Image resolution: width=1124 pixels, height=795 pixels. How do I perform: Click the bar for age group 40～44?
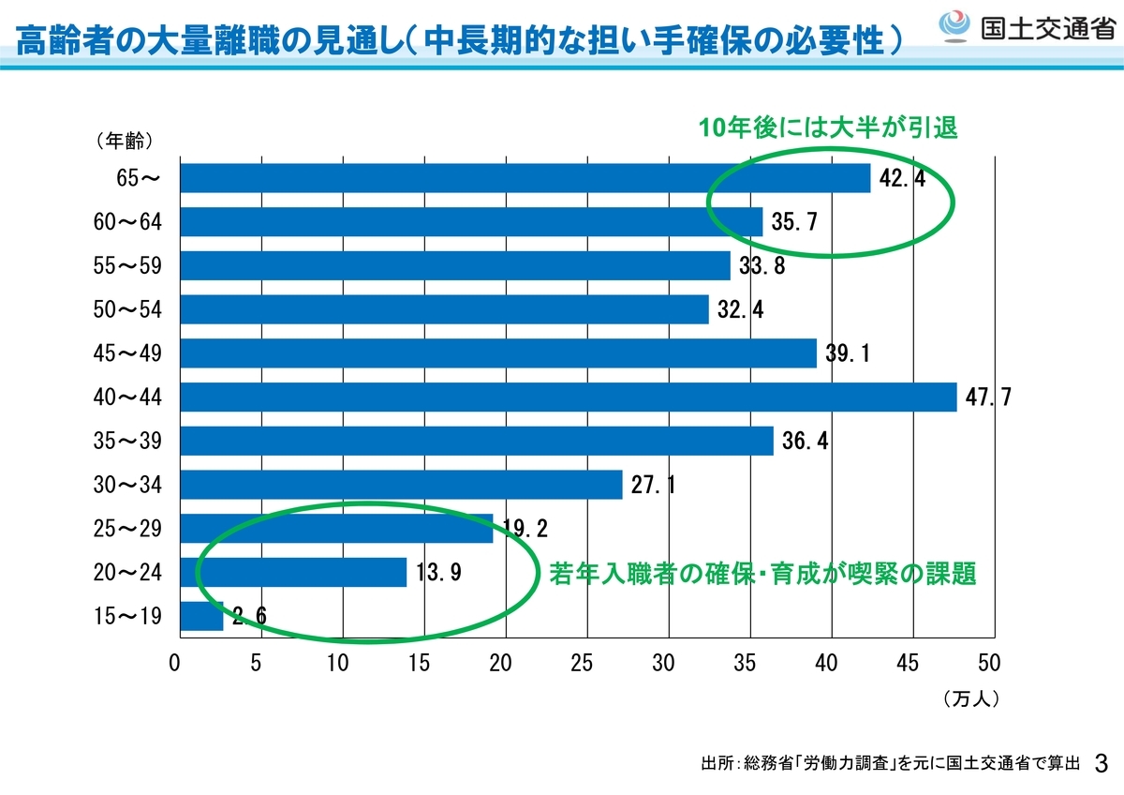(569, 397)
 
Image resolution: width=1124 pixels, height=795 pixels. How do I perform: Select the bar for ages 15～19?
(201, 616)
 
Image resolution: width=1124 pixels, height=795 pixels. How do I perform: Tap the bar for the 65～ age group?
(525, 178)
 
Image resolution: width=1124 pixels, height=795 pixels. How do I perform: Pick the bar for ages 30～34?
(402, 485)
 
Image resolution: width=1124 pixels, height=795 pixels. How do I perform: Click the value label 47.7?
(988, 397)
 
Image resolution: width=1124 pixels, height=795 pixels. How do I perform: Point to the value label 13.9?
(438, 573)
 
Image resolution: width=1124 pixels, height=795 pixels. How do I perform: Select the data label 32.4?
(741, 309)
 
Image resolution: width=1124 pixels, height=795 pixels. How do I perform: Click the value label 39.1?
(848, 353)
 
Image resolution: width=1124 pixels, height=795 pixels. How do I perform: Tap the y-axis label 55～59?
(127, 265)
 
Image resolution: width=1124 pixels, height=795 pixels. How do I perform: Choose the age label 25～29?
(127, 529)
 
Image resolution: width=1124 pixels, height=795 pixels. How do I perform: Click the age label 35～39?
(127, 441)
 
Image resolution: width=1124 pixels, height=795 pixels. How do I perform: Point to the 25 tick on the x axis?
(582, 664)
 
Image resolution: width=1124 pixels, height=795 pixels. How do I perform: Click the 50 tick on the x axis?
(989, 664)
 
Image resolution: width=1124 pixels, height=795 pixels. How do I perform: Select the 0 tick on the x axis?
(174, 664)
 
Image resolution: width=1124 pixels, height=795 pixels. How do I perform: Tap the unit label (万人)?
(971, 698)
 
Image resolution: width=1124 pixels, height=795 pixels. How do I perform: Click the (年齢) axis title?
(125, 141)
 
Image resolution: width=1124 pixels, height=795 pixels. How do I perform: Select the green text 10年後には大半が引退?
(828, 127)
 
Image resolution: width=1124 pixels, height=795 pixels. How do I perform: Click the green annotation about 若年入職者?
(762, 574)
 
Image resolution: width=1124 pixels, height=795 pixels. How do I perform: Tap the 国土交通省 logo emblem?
(954, 26)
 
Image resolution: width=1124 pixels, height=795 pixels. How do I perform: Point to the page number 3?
(1102, 764)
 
